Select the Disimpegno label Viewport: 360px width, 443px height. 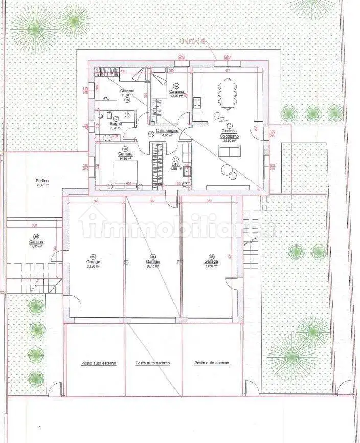(168, 131)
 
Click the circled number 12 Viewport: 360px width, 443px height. (230, 125)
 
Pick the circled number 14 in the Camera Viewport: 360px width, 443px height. (176, 86)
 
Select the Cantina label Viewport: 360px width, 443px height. (35, 241)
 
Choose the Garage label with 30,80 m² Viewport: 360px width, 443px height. (93, 261)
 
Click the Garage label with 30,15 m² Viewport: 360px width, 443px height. (152, 261)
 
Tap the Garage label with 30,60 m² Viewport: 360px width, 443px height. (211, 261)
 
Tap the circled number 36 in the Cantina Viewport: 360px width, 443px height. (35, 237)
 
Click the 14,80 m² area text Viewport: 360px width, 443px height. (126, 159)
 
